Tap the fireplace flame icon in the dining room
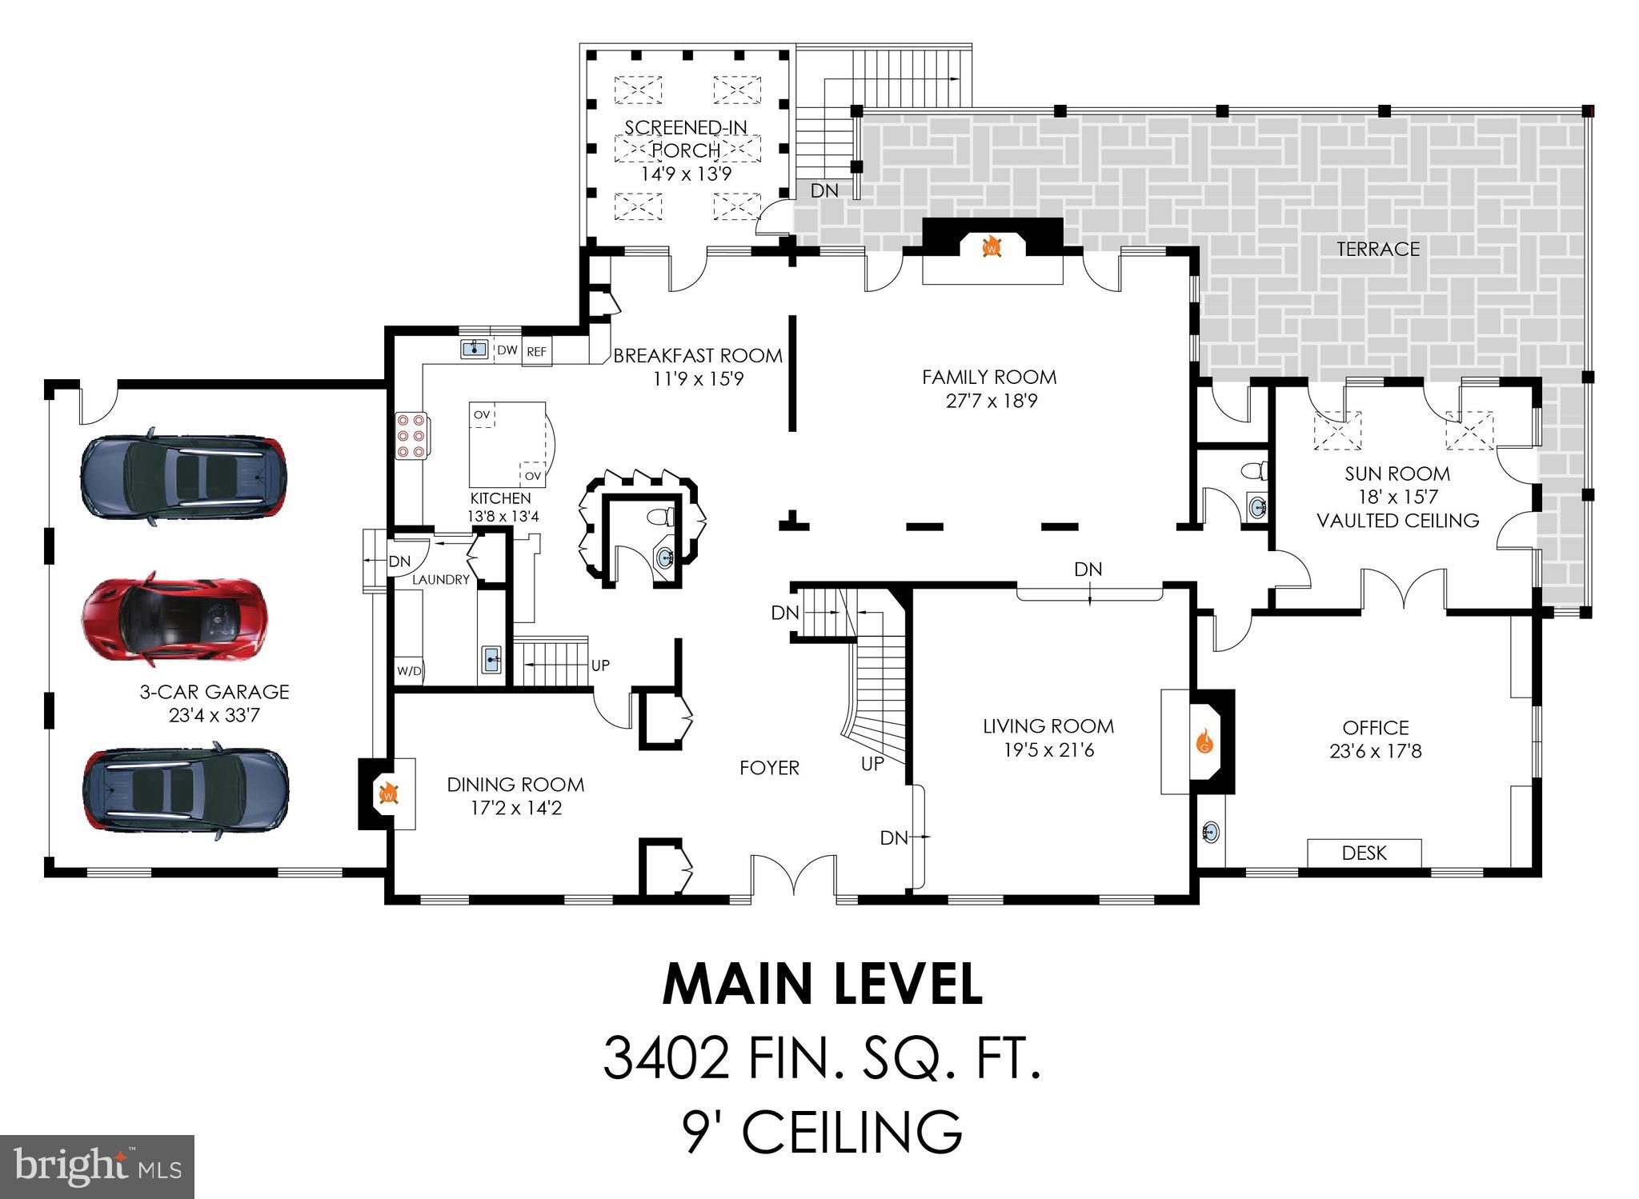coord(388,793)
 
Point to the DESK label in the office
coord(1364,853)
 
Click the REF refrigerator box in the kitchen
coord(536,352)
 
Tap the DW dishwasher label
coord(507,350)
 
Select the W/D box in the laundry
coord(409,671)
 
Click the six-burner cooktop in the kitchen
coord(411,435)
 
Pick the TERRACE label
coord(1377,249)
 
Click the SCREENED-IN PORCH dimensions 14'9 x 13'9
coord(686,174)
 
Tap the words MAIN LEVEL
coord(822,985)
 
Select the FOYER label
coord(769,768)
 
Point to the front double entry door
coord(793,876)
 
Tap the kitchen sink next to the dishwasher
coord(474,348)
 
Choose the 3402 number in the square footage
coord(665,1057)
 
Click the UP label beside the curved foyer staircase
coord(872,764)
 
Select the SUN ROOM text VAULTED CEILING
coord(1397,521)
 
